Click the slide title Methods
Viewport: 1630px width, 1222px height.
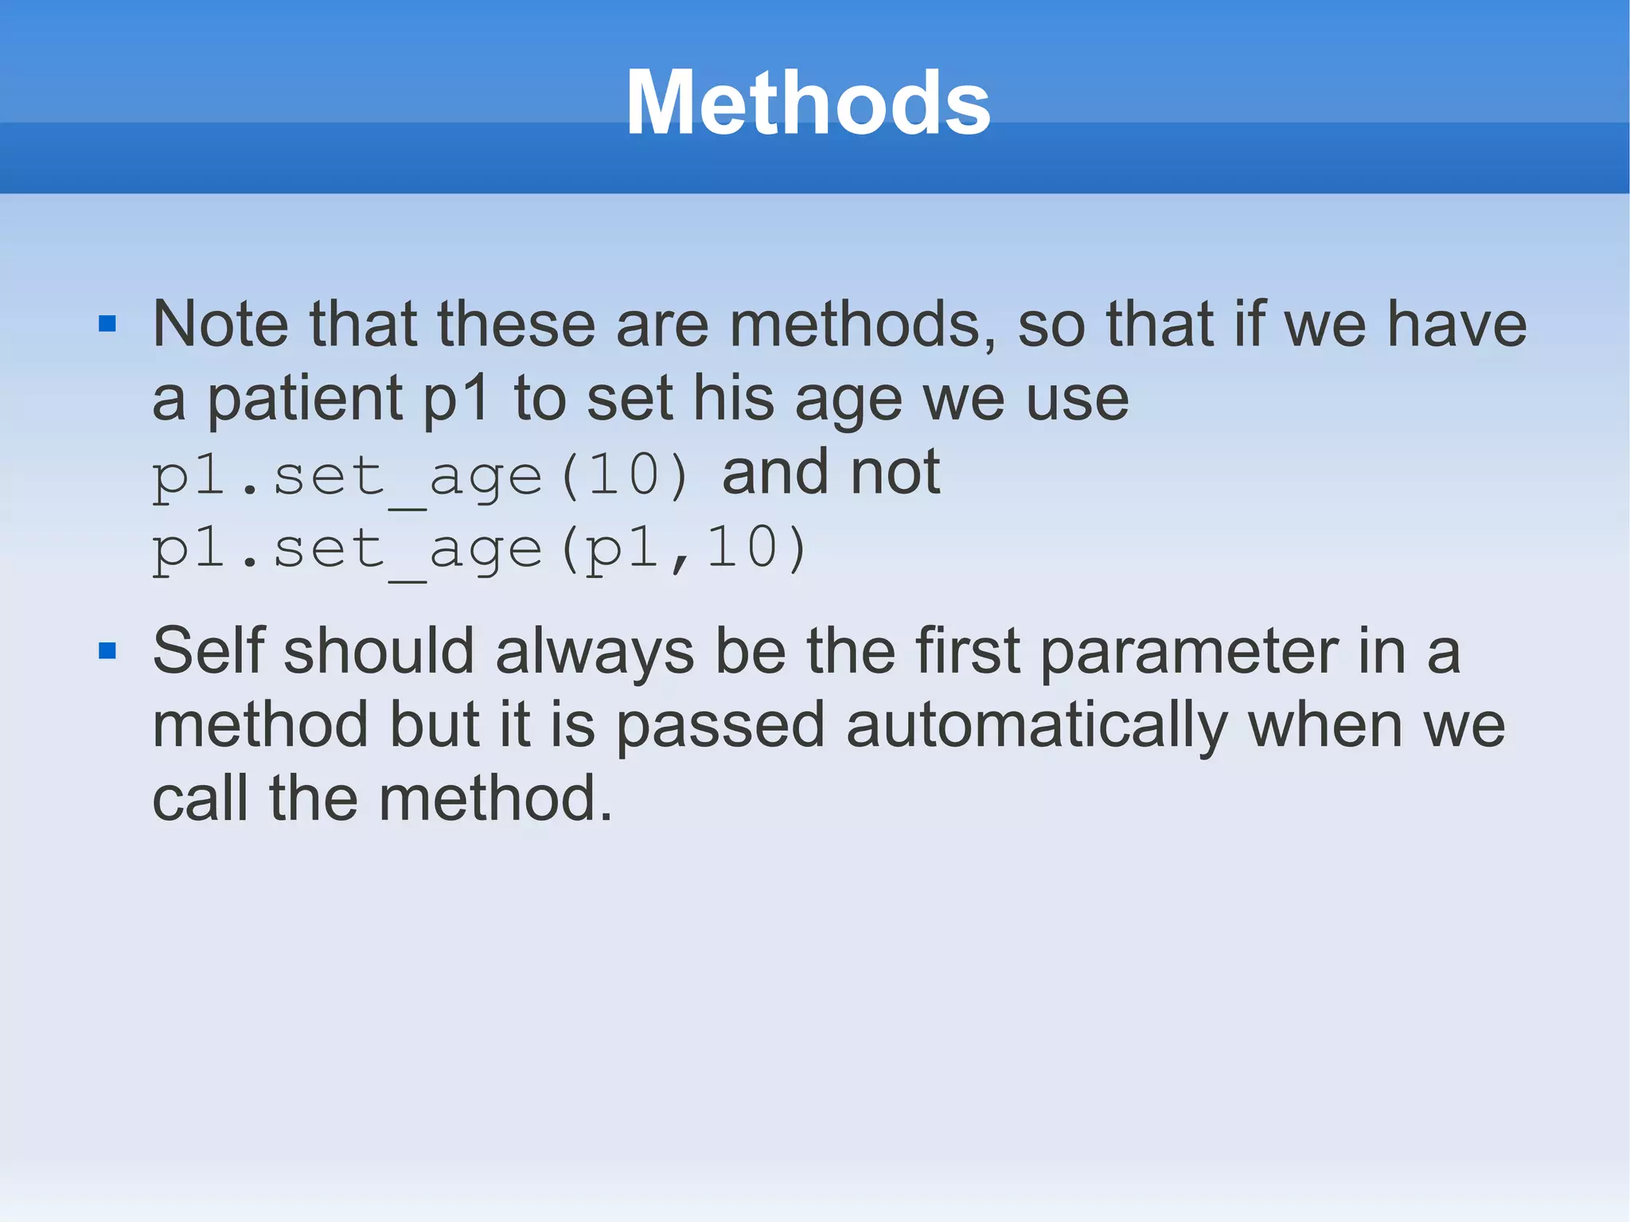(808, 103)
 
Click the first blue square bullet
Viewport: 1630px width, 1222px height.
(107, 323)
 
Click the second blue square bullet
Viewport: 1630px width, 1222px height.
(107, 651)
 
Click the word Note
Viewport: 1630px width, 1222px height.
(220, 324)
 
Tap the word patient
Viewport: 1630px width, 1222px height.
(305, 400)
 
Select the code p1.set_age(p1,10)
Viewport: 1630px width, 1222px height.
(479, 550)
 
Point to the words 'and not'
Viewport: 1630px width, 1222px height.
(831, 473)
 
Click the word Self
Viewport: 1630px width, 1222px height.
(208, 651)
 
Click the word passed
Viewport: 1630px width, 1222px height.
(720, 727)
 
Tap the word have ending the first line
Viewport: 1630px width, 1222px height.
(1456, 324)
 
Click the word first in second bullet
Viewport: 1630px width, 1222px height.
(967, 651)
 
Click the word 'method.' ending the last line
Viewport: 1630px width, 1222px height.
(495, 798)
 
